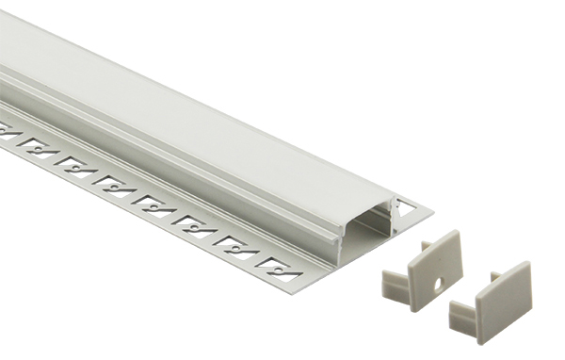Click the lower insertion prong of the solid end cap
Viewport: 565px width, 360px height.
click(462, 312)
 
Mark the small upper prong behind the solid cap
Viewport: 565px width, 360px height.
click(493, 278)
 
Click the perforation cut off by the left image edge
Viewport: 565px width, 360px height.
click(7, 132)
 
